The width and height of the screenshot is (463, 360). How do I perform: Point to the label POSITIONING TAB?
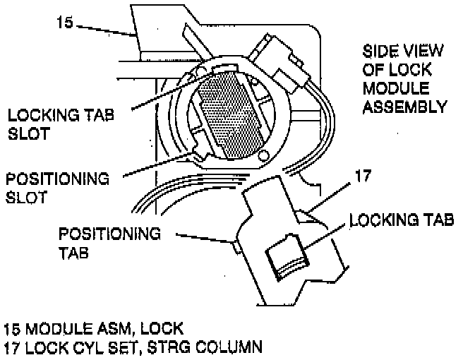(109, 241)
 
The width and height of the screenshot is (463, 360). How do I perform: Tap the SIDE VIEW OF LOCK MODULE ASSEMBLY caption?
(404, 79)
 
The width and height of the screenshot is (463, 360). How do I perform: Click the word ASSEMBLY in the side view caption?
(404, 107)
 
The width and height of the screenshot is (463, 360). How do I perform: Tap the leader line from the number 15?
(106, 30)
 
